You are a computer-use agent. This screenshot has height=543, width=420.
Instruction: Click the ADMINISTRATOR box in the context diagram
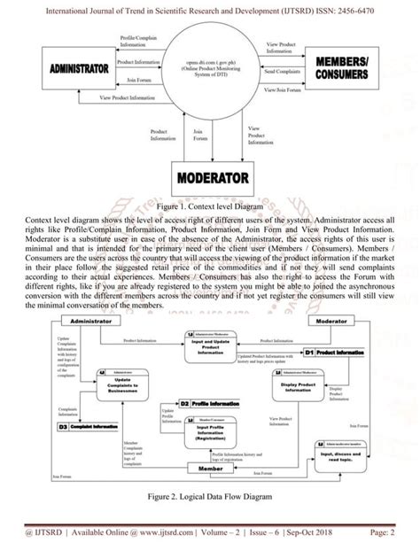click(80, 68)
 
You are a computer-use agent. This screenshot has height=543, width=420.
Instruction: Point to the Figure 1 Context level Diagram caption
click(211, 205)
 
